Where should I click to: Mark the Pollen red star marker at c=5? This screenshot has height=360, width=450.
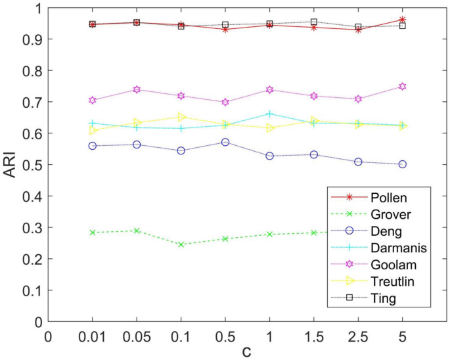click(x=402, y=20)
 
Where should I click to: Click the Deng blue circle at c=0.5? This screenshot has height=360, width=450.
click(x=225, y=142)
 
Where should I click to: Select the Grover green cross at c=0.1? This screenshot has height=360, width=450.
click(x=181, y=244)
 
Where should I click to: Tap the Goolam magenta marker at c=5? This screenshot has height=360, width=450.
click(x=402, y=87)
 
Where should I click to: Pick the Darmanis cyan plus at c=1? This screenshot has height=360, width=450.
click(x=269, y=114)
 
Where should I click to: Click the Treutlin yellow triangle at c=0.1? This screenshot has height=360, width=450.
click(x=181, y=117)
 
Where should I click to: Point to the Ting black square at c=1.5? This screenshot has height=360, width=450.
click(x=314, y=22)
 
